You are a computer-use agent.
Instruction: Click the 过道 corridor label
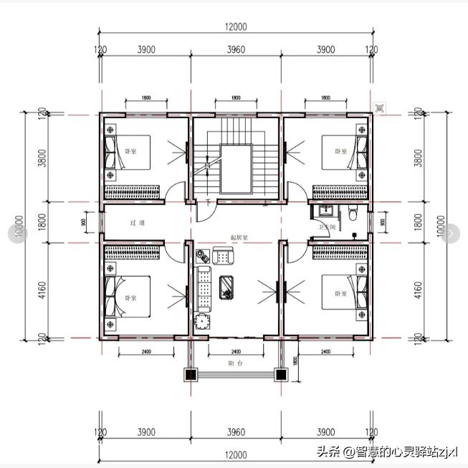click(x=138, y=223)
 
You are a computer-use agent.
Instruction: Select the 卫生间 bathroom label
click(x=327, y=228)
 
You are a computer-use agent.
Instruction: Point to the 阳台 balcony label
click(x=235, y=363)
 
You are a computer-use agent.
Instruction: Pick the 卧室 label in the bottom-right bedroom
click(x=340, y=294)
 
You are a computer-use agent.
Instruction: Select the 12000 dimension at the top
click(x=235, y=27)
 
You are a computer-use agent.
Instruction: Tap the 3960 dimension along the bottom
click(x=236, y=432)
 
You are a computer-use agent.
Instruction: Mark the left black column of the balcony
click(x=191, y=374)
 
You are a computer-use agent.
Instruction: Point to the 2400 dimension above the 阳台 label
click(x=235, y=352)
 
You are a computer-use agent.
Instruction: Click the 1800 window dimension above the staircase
click(x=235, y=98)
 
